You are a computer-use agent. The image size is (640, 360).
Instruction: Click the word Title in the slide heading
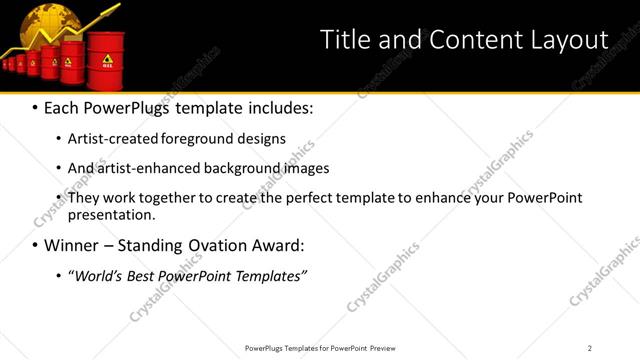[x=343, y=39]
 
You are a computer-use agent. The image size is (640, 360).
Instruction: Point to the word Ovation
[x=206, y=245]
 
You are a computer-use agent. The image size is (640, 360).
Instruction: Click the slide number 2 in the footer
[x=590, y=347]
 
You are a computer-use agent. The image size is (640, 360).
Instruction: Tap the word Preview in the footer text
[x=389, y=347]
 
